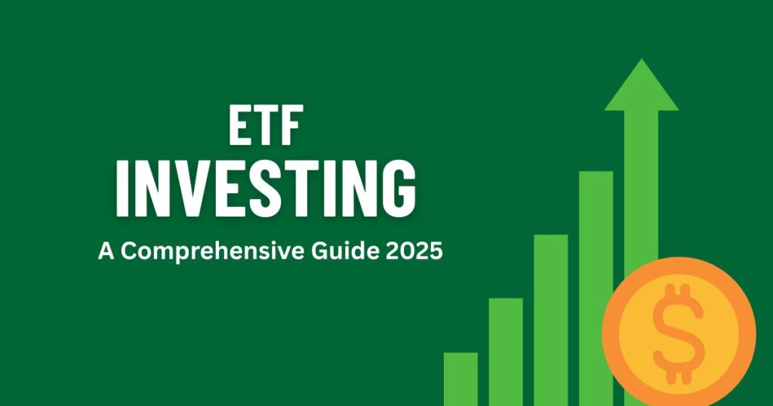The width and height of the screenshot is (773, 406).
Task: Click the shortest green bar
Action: tap(460, 379)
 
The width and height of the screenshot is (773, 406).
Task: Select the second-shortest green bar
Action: tap(506, 352)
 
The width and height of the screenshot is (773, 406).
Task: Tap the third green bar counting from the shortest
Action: tap(551, 320)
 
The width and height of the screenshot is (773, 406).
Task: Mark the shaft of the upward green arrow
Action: tap(642, 189)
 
